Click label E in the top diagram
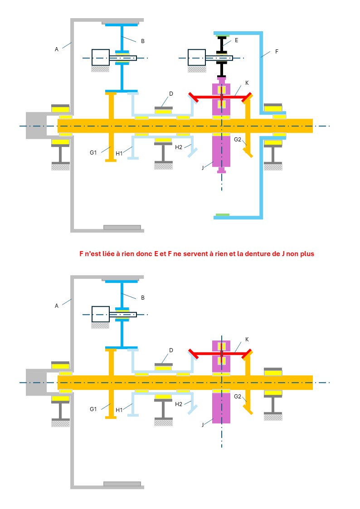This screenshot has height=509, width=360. [x=237, y=40]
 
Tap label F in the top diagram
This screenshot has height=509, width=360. [x=277, y=52]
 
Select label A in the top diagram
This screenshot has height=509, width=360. [x=57, y=49]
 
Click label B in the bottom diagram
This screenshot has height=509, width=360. [x=143, y=297]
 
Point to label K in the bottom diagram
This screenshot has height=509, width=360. [x=247, y=339]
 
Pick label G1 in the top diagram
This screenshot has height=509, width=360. [x=93, y=152]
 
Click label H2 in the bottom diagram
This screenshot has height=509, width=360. [x=179, y=403]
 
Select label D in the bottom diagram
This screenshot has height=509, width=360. [x=171, y=350]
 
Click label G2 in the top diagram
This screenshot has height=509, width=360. [x=238, y=140]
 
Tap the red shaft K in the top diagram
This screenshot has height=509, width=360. [x=221, y=97]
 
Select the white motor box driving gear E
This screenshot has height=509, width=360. [x=197, y=58]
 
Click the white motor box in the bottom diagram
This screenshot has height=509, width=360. [x=101, y=314]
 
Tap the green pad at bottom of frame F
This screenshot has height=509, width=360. [x=223, y=214]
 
